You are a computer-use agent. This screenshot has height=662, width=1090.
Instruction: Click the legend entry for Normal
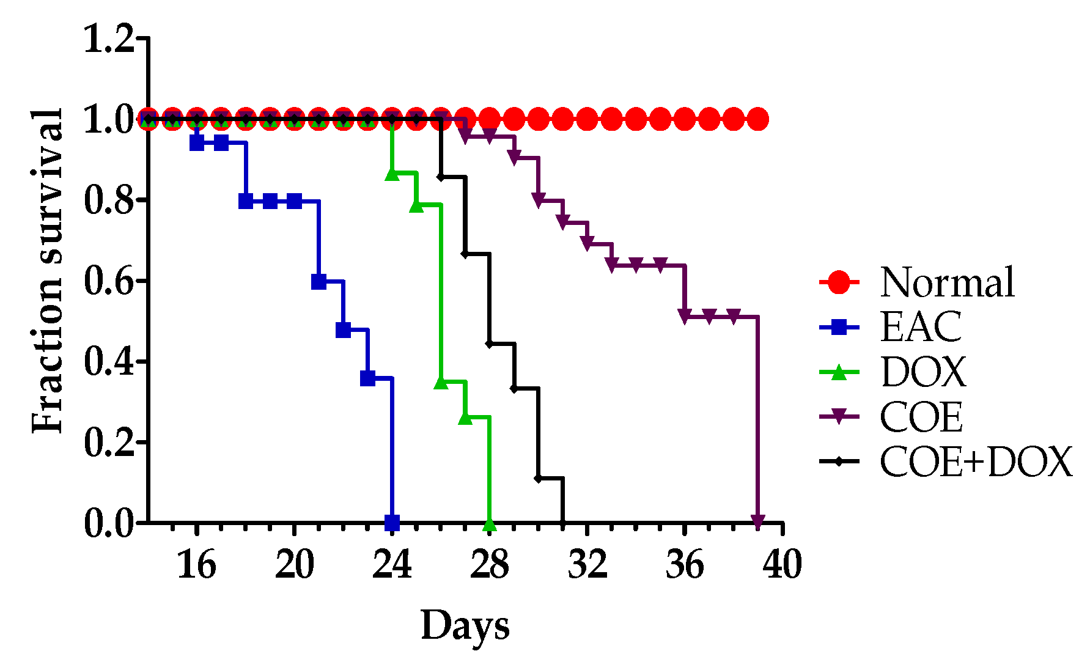947,282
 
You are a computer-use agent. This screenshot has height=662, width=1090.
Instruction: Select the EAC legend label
921,327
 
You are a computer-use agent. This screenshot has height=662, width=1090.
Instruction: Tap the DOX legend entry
923,372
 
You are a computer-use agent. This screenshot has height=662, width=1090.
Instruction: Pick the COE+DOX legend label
976,462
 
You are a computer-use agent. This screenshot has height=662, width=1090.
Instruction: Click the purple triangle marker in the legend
839,417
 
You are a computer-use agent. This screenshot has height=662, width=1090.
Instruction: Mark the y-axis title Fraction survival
48,271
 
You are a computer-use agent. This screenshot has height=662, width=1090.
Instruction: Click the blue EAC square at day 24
392,523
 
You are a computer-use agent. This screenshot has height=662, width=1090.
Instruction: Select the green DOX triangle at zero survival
489,524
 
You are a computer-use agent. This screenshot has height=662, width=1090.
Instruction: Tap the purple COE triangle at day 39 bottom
758,521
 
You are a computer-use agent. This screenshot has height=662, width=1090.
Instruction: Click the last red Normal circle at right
758,119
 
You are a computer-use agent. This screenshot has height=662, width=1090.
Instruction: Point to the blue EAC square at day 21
319,282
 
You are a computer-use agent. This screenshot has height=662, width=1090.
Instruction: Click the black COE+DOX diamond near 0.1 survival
538,478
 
